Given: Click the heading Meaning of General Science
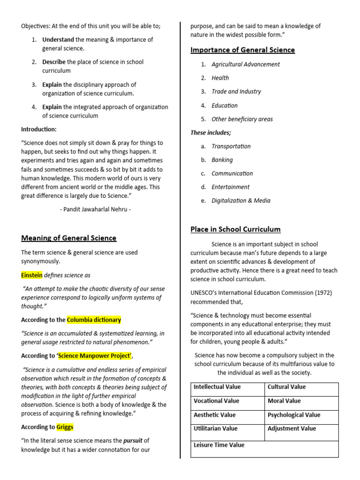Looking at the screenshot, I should point(68,238).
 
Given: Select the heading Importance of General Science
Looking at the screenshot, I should point(242,50).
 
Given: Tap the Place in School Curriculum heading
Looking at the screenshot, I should point(235,229).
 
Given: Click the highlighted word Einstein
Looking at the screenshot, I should point(32,275).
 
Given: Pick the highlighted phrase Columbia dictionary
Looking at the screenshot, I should point(94,320).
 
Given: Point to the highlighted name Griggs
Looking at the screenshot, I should point(65,427).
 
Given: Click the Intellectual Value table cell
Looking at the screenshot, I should point(217,387).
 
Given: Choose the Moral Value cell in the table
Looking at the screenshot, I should point(284,401).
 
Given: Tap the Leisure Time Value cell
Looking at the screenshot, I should point(219,445).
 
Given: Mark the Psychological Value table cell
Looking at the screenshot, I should point(294,415).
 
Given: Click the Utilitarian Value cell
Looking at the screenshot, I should point(216,428).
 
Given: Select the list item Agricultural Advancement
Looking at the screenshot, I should point(246,64).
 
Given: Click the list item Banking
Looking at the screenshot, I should point(222,160).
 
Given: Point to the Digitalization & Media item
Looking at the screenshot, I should point(241,201).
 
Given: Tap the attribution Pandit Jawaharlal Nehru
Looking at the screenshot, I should point(95,210).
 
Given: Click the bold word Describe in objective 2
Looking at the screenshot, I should point(54,62).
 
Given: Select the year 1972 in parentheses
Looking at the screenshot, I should point(321,292).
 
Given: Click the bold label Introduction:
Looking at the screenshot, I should point(39,129).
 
